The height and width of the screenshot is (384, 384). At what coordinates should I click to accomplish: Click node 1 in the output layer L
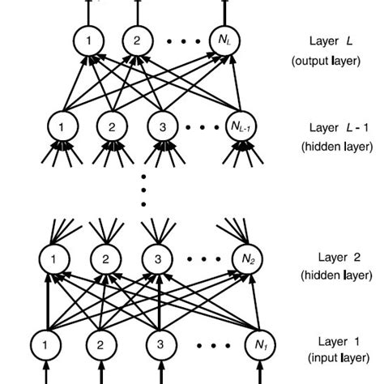tap(87, 40)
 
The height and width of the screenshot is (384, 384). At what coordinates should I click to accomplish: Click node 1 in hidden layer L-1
tap(61, 126)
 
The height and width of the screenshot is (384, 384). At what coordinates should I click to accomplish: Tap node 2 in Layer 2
tap(105, 260)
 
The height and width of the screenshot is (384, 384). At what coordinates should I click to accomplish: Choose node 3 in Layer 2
tap(157, 260)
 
